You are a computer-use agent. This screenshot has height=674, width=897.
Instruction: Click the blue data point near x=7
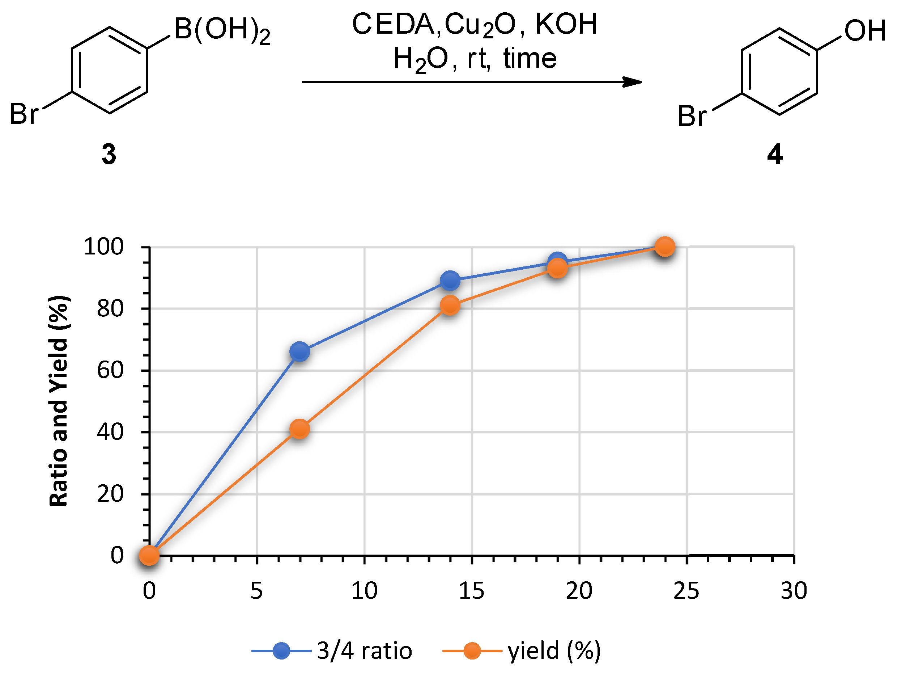(x=300, y=351)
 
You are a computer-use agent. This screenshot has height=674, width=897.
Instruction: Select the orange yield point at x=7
(x=300, y=429)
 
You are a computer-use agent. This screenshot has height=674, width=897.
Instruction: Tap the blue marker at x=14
(x=450, y=281)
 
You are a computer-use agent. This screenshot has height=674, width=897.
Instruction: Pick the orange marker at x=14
(x=450, y=305)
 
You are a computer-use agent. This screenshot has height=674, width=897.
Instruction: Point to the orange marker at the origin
(x=149, y=555)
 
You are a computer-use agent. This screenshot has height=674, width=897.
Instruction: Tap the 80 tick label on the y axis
(x=110, y=309)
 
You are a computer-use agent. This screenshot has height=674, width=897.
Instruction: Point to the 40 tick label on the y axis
(x=110, y=432)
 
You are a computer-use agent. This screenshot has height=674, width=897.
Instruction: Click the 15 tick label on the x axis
(x=471, y=591)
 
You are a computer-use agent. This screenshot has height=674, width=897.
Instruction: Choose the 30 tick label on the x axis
(x=794, y=591)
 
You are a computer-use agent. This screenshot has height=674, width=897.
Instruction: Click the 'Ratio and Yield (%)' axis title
(x=59, y=401)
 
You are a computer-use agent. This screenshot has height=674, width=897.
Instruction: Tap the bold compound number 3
(x=109, y=154)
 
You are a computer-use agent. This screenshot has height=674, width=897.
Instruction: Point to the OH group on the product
(x=864, y=31)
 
